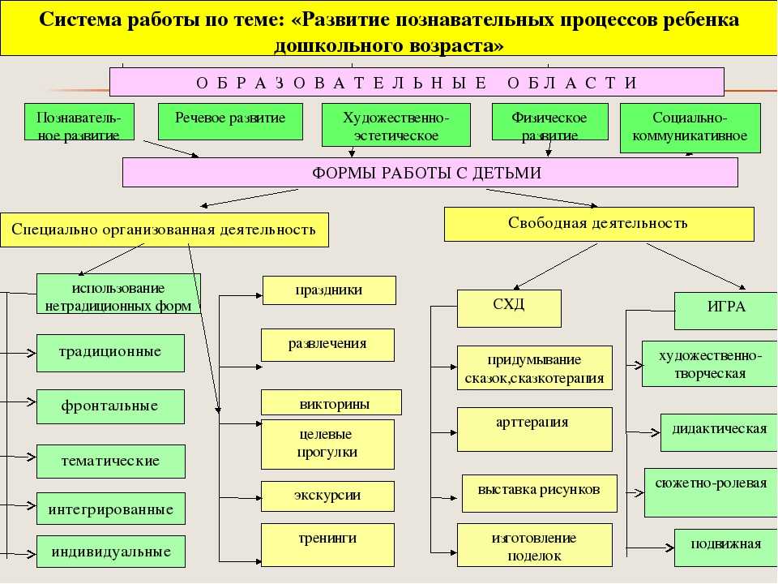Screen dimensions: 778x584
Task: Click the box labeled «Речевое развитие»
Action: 230,122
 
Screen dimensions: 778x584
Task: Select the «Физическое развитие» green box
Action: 549,122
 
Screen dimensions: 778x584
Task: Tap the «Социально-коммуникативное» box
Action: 690,127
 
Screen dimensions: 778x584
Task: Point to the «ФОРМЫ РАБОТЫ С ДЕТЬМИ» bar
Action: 430,172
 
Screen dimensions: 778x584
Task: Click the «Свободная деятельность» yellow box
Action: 599,224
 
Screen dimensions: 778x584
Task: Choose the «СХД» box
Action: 509,308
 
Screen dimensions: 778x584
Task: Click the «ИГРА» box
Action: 726,311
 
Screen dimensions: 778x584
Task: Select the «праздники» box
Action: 329,290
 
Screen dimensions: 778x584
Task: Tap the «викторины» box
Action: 331,402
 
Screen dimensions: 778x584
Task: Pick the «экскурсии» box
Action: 327,496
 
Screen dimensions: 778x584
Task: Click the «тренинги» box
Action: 327,545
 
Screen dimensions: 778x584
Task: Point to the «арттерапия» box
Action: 534,430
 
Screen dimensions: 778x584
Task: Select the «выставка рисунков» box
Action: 540,493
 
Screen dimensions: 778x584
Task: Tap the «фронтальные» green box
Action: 111,406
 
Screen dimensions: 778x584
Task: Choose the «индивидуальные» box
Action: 111,552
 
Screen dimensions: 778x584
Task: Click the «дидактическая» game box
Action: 719,432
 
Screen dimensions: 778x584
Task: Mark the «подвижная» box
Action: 726,547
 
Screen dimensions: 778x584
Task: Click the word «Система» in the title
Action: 79,19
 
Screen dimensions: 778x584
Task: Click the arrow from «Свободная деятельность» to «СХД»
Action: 555,266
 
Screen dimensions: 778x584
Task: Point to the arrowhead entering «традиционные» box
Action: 32,353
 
